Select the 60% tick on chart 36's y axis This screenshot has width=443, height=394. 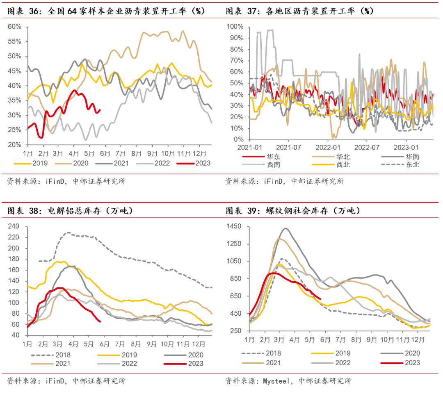click(15, 27)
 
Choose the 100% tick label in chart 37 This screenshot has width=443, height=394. click(235, 27)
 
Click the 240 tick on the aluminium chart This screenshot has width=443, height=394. click(14, 226)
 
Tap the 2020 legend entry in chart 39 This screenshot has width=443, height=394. click(412, 353)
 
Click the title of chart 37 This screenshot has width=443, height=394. click(299, 11)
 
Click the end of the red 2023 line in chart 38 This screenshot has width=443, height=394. click(100, 321)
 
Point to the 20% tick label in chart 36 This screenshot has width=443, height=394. click(15, 145)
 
